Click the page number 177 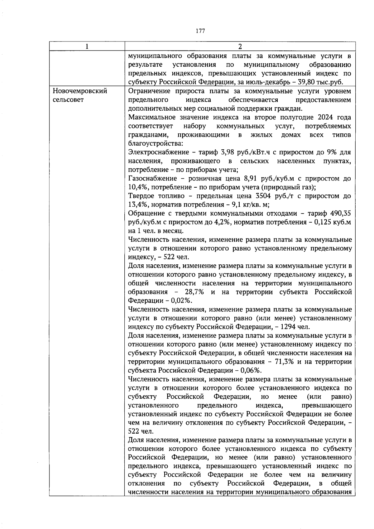pos(200,31)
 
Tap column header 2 pos(240,46)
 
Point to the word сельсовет pos(68,100)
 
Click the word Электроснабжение pos(159,152)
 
